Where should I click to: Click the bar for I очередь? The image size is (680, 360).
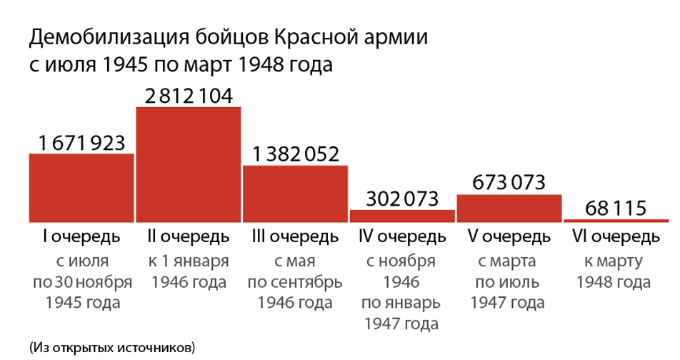(81, 188)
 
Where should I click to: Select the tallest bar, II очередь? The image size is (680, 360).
(189, 164)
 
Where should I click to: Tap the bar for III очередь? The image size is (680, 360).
(295, 194)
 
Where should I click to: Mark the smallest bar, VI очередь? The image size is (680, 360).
(616, 221)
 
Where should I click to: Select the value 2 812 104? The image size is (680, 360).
(189, 96)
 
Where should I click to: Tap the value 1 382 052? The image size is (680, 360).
(295, 154)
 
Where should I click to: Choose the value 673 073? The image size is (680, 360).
(509, 182)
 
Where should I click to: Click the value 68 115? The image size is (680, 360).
(616, 209)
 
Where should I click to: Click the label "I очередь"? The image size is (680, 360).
(81, 236)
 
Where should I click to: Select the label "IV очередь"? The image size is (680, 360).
(401, 236)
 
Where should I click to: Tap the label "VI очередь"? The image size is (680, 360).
(616, 236)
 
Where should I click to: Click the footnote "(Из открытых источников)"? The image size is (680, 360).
(112, 348)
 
